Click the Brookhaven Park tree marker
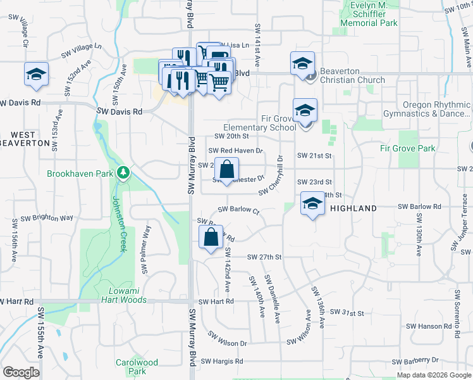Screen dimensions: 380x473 coord(124,172)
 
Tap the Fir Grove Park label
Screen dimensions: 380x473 coord(408,148)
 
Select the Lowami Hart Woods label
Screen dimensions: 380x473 coord(124,294)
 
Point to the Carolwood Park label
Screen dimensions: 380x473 coord(137,367)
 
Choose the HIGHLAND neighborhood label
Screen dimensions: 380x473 coord(353,208)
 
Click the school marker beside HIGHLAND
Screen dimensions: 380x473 coord(312,203)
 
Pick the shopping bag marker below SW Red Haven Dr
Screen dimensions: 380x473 coord(227,169)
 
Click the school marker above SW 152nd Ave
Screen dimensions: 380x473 coord(36,74)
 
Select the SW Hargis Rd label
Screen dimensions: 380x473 coord(222,361)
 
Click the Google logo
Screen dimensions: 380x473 coord(21,372)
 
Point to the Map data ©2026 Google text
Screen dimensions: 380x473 coord(433,375)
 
